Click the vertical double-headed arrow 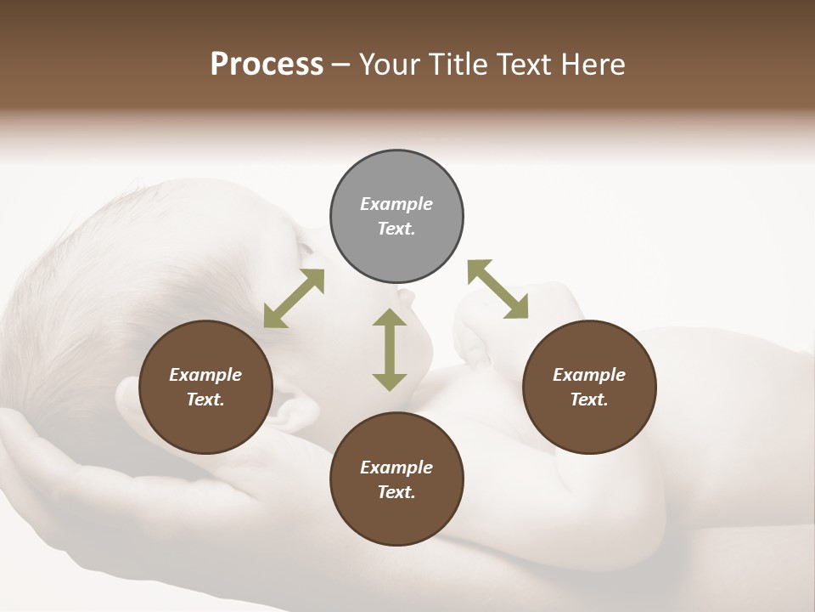tap(390, 349)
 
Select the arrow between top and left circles tap(294, 298)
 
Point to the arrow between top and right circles tap(497, 289)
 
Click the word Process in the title tap(267, 65)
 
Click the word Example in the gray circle tap(396, 204)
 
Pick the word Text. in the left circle tap(205, 399)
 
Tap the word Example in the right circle tap(589, 375)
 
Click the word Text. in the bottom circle tap(396, 492)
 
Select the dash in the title tap(341, 65)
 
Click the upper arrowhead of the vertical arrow tap(390, 319)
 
